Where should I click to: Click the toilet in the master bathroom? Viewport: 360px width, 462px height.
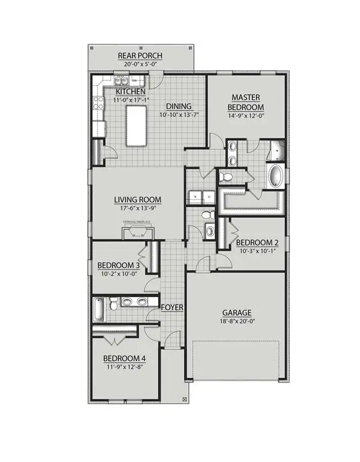pos(227,177)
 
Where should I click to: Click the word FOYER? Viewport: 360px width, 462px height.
pos(172,307)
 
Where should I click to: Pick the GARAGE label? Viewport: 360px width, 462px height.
pos(236,312)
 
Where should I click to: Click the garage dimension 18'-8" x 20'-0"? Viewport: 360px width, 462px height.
pos(236,322)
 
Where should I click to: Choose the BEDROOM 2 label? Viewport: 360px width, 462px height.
pos(258,243)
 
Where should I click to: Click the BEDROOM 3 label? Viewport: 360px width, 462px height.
pos(118,265)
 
